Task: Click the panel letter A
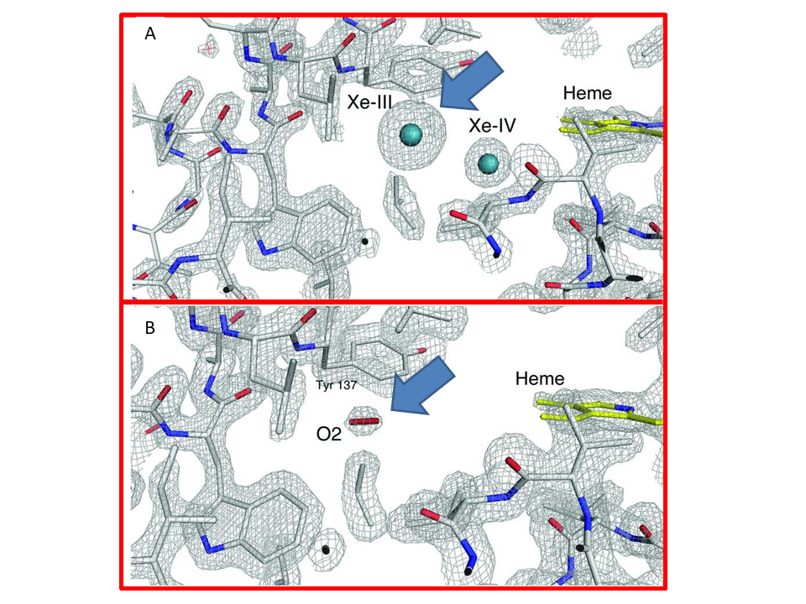[150, 34]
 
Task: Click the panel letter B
[150, 328]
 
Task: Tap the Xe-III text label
[369, 102]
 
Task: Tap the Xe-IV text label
[492, 125]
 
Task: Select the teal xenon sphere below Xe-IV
[489, 164]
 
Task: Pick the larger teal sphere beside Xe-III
[411, 134]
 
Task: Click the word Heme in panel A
[588, 93]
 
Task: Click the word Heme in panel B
[540, 378]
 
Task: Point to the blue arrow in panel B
[422, 385]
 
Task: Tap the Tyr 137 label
[336, 385]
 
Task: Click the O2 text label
[329, 435]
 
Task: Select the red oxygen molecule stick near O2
[365, 422]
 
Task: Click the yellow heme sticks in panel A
[612, 127]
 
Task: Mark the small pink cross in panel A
[209, 49]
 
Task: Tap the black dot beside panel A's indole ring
[365, 241]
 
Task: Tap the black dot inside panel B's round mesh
[326, 550]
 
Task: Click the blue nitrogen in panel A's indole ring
[266, 250]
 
